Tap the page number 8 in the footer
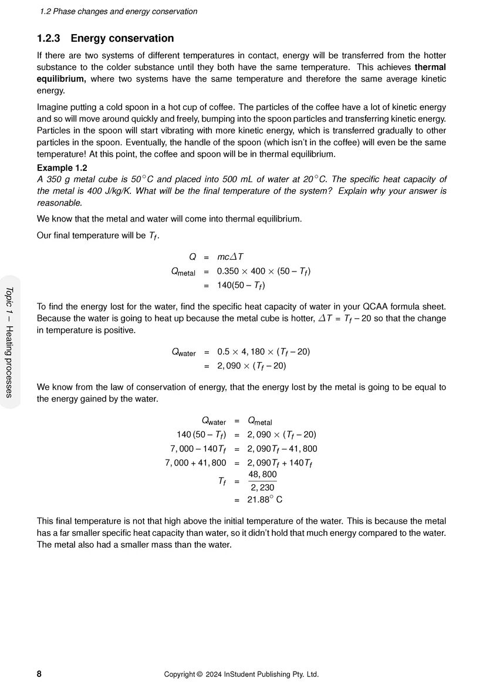[x=39, y=674]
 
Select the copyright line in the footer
[x=241, y=675]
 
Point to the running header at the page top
[x=118, y=11]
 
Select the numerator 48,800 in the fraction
[x=262, y=474]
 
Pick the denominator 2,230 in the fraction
[x=262, y=487]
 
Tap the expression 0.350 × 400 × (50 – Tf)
[x=264, y=271]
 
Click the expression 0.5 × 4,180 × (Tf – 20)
[x=264, y=351]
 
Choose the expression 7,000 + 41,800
[x=195, y=463]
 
